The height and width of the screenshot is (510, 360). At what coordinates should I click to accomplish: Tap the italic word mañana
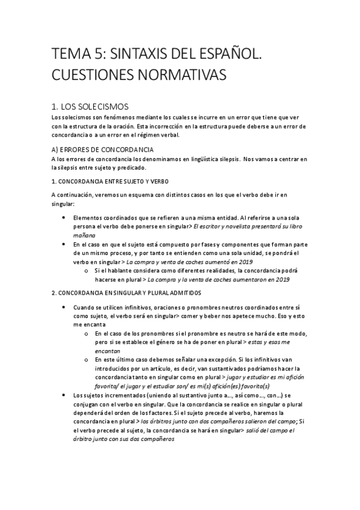coord(84,235)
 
